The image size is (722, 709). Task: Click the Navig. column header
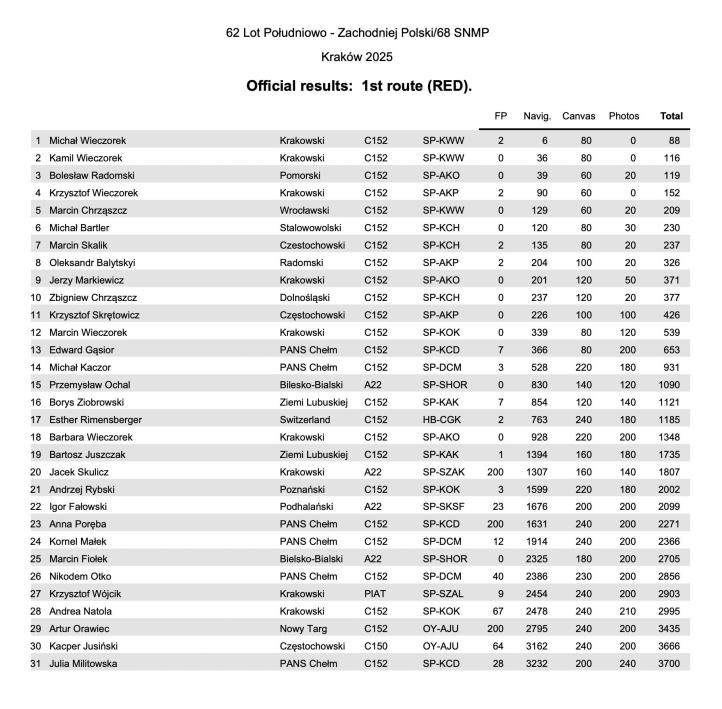click(537, 116)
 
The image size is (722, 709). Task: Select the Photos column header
click(623, 116)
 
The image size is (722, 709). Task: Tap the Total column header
click(671, 116)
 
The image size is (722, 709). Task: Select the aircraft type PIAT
click(375, 595)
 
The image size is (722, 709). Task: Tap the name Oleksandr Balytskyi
click(93, 263)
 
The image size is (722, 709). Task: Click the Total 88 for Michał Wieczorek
click(674, 141)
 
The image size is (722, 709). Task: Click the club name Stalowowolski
click(312, 228)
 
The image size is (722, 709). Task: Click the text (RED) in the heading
click(448, 86)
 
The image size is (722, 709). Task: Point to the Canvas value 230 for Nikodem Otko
click(582, 577)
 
